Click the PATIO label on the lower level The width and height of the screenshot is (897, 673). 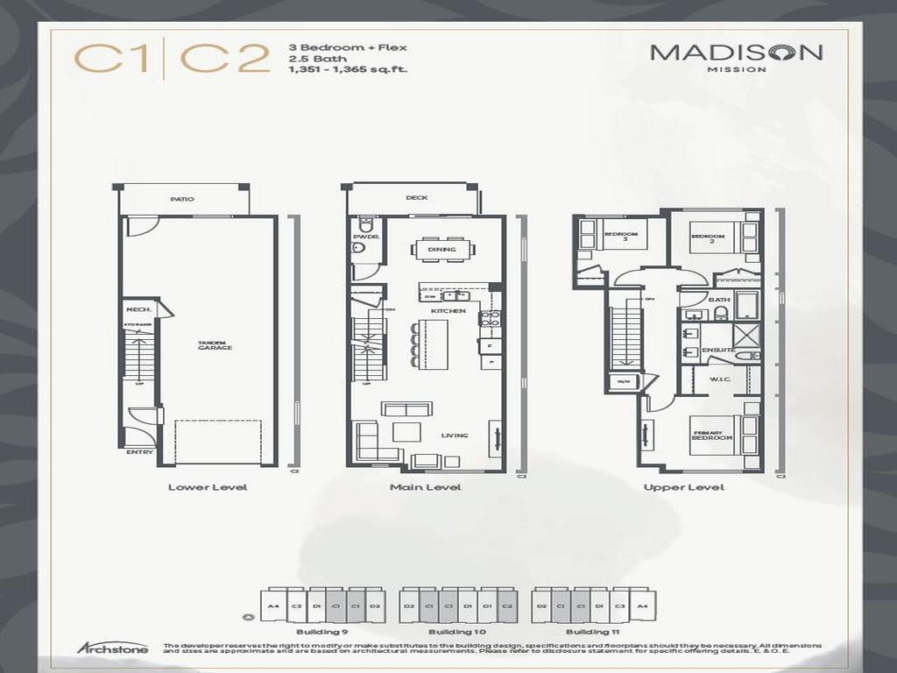coord(182,200)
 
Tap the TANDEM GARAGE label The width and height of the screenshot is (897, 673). coord(214,346)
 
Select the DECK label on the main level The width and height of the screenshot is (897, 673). coord(417,198)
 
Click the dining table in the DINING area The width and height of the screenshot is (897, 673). coord(442,249)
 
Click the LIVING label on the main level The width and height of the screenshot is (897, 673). coord(455,436)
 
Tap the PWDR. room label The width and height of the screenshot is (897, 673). coord(364,237)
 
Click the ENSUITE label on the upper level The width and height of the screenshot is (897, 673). coord(717,351)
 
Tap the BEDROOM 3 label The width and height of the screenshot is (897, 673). coord(624,237)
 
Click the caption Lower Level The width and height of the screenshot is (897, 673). coord(208,487)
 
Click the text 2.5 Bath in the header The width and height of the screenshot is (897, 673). coord(309,58)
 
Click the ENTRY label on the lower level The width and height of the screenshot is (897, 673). coord(139,453)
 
